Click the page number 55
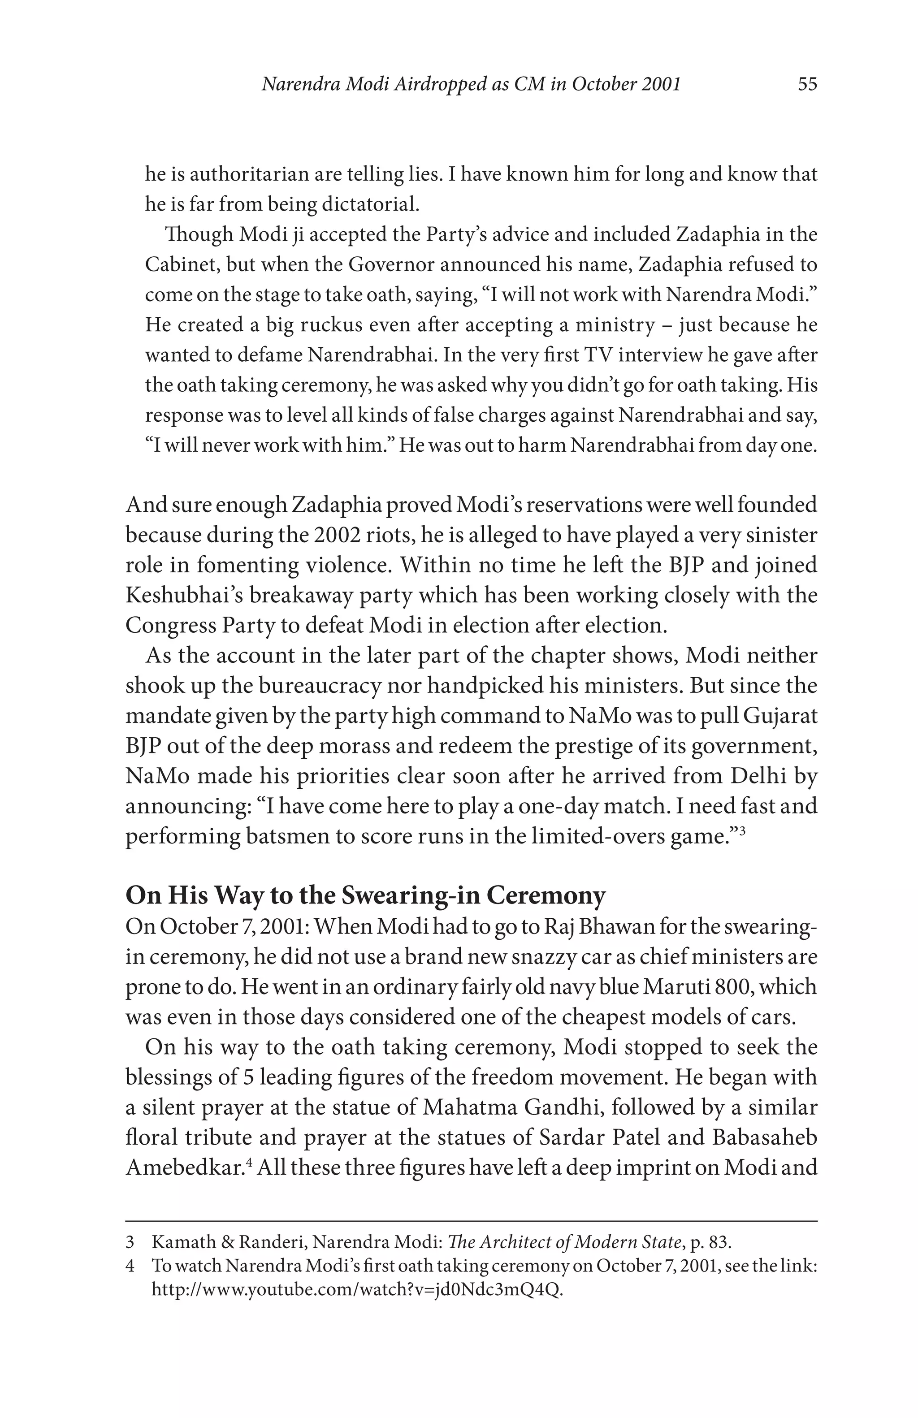807,85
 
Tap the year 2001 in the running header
661,85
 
